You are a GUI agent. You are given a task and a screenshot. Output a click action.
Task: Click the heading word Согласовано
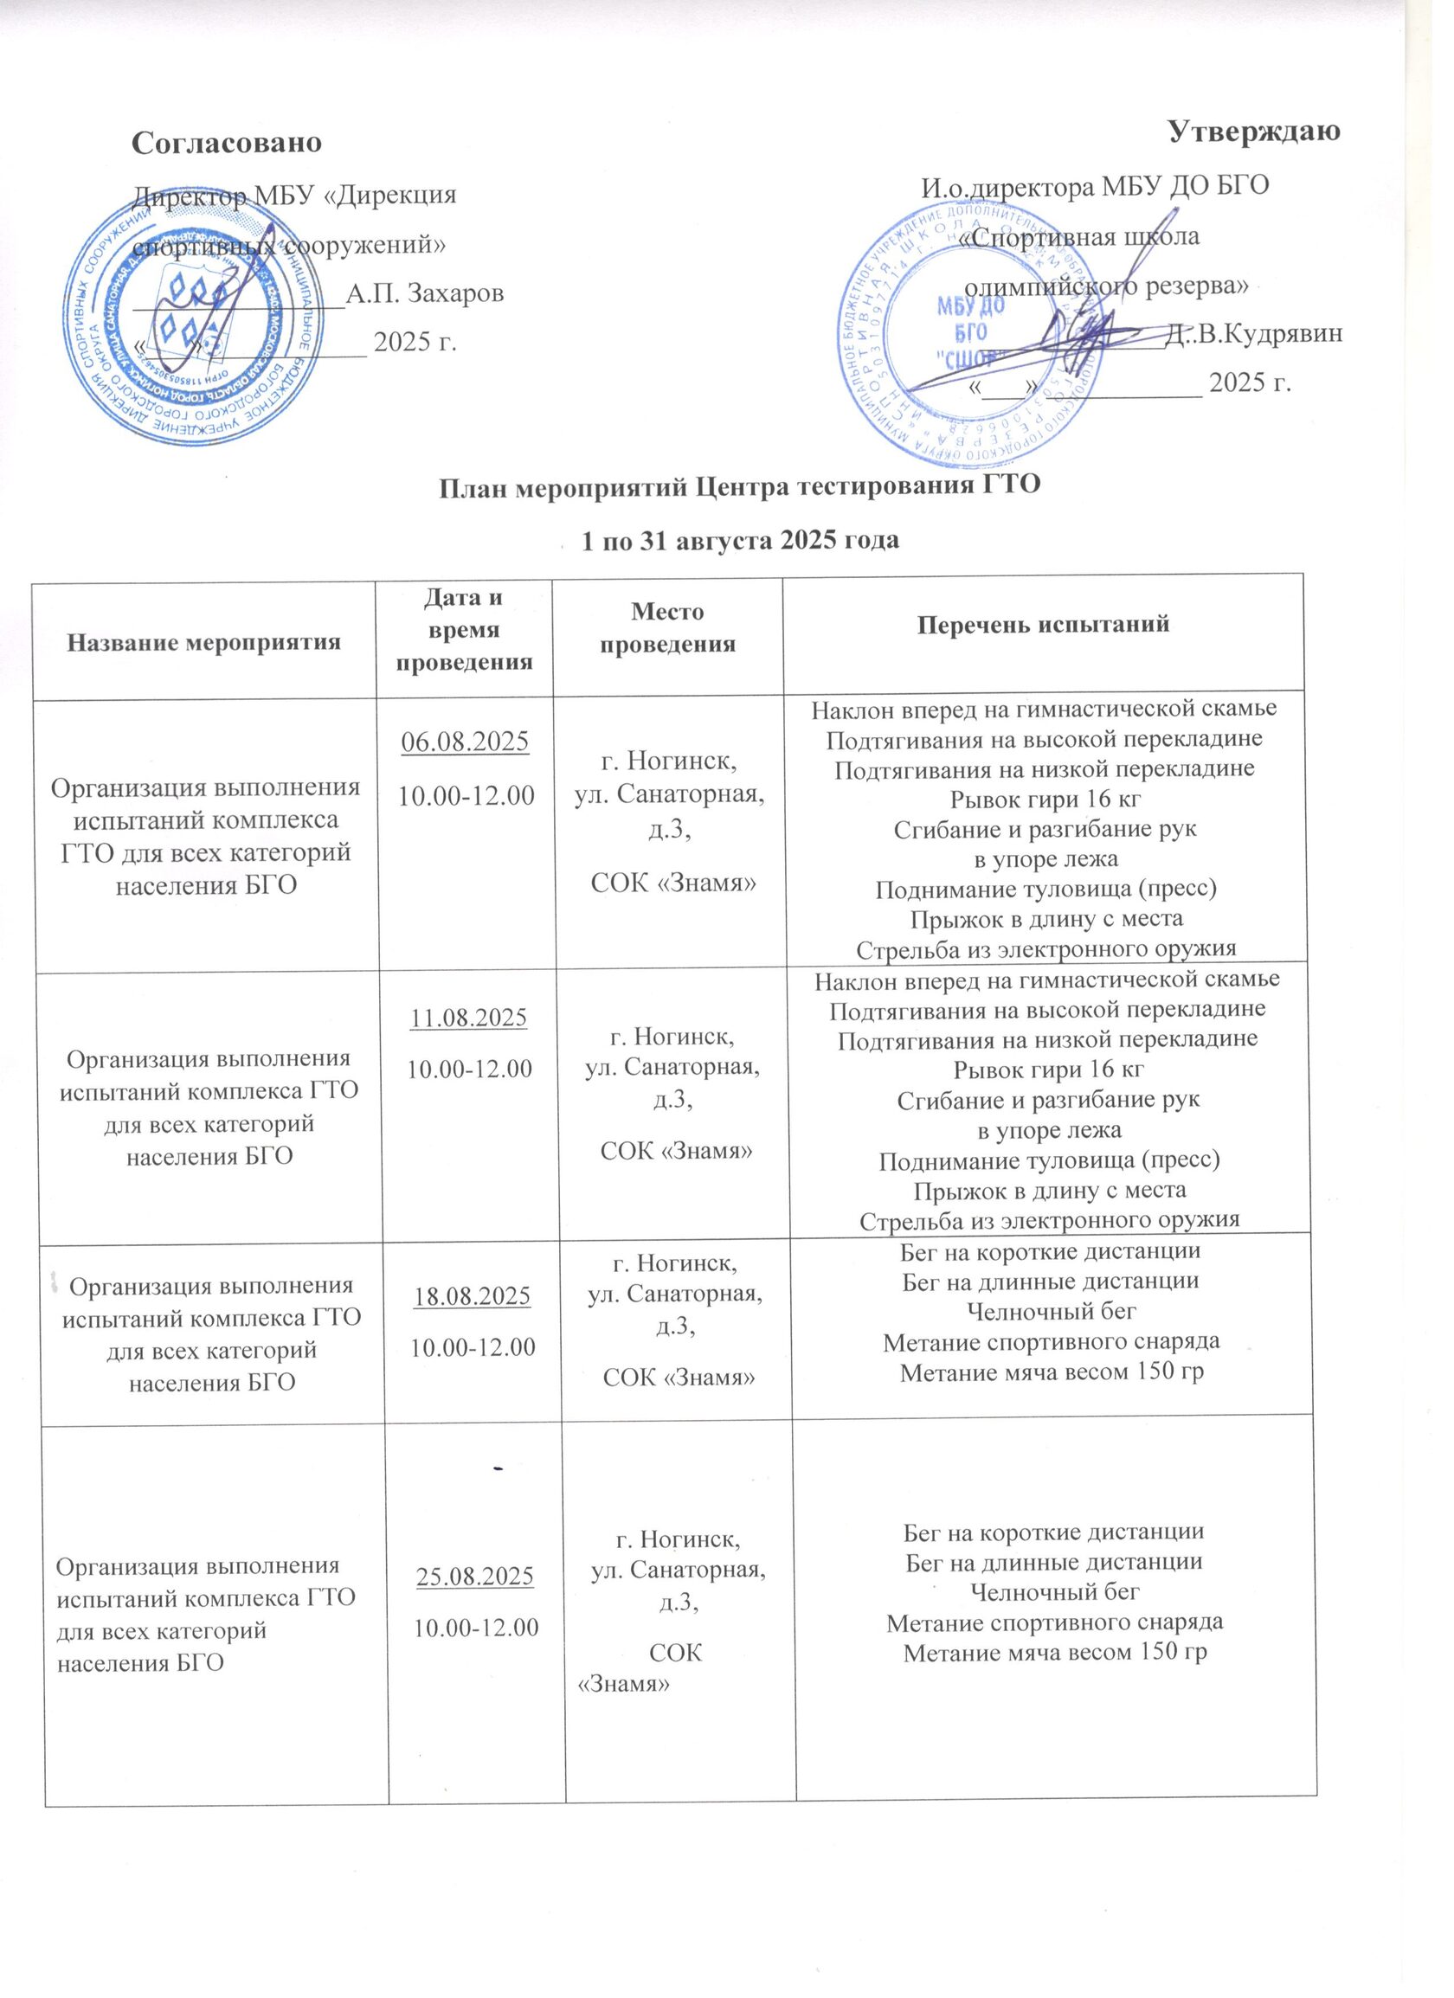[x=227, y=143]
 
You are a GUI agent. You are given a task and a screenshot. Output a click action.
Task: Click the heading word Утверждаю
[x=1253, y=132]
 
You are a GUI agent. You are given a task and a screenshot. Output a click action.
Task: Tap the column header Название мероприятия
[x=204, y=642]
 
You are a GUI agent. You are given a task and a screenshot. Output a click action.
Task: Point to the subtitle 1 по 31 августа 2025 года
[x=740, y=539]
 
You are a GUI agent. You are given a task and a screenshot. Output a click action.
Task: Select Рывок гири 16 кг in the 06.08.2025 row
[x=1045, y=800]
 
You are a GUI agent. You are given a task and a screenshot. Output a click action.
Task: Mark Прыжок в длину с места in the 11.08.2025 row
[x=1050, y=1190]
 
